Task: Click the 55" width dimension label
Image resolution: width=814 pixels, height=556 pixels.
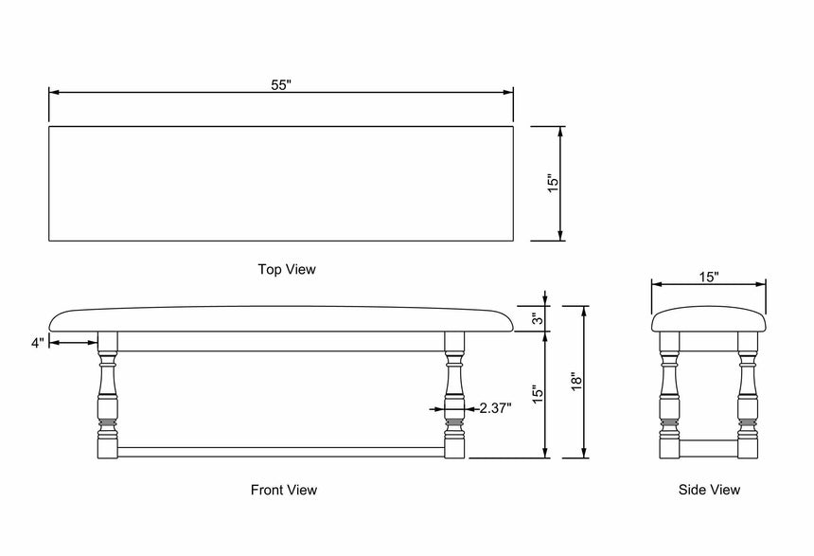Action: (281, 84)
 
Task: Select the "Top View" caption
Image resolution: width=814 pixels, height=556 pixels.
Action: (287, 270)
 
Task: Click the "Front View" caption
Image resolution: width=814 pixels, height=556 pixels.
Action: (284, 490)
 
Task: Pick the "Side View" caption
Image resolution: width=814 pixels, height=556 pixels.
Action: (709, 490)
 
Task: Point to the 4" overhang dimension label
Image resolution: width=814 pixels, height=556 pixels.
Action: (38, 343)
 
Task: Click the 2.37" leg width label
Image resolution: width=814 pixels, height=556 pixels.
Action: (495, 408)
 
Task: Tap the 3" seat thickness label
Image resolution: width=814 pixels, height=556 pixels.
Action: (537, 319)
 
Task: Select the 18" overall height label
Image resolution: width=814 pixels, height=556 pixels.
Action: (575, 382)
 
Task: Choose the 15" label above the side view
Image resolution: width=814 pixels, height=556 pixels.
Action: (709, 277)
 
